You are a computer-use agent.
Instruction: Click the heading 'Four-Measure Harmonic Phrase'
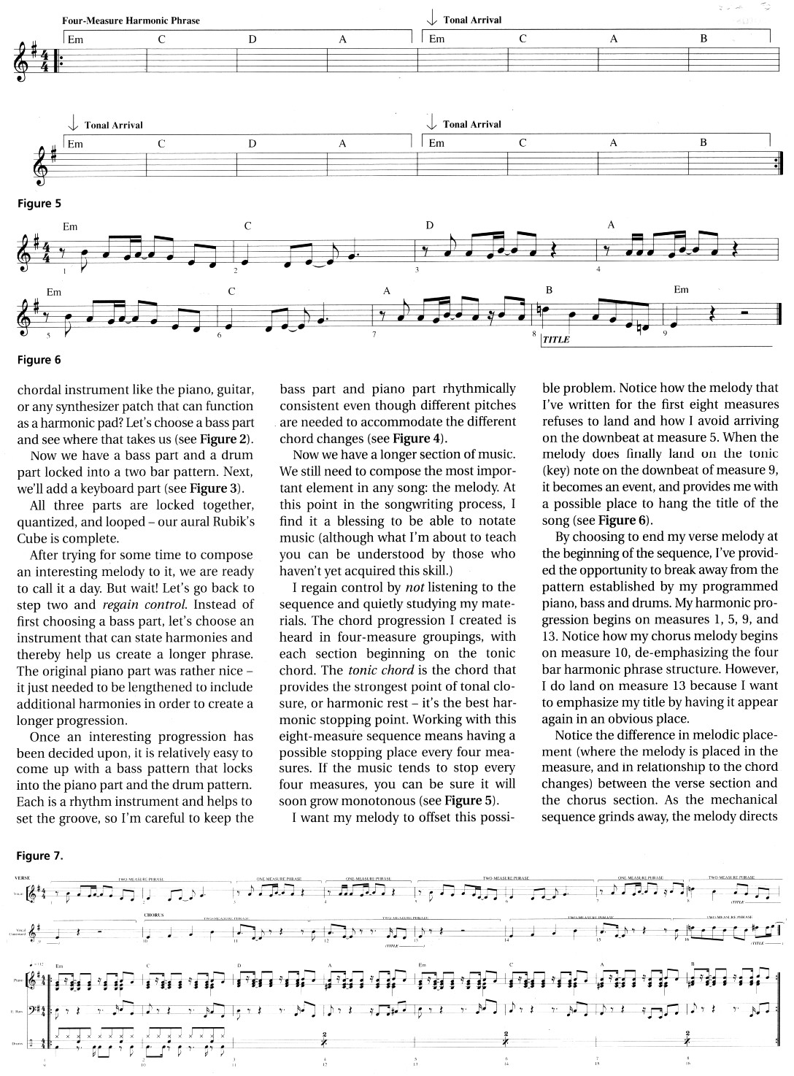131,20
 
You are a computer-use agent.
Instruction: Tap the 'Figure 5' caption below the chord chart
34,204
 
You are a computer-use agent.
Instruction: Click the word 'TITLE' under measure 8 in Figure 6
555,339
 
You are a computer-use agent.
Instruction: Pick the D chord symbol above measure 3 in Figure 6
430,226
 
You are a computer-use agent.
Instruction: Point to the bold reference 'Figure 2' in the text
226,439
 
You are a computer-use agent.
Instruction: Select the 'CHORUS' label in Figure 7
153,914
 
